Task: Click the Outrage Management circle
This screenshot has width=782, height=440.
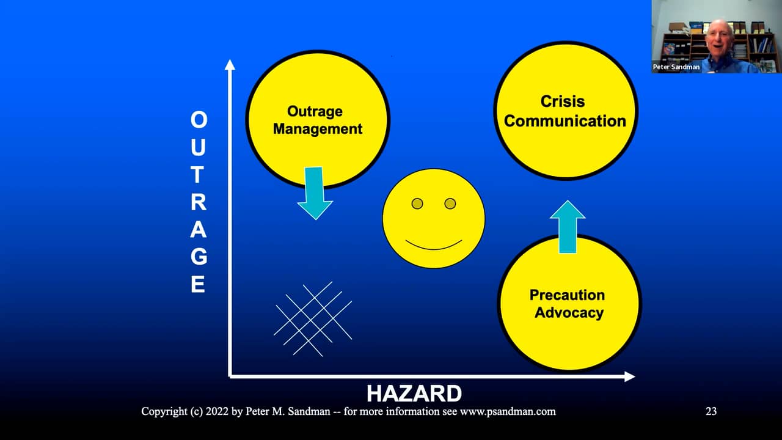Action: coord(317,119)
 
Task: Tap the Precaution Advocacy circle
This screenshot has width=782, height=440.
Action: coord(568,303)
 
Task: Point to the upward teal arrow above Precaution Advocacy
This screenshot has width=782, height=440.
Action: coord(568,227)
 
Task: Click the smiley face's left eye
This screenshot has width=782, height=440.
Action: coord(417,204)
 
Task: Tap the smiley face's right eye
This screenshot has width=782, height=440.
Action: coord(450,204)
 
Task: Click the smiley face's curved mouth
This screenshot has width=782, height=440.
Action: coord(434,246)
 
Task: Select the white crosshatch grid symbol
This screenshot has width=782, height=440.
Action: coord(313,319)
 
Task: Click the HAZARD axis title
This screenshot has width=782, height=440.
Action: coord(414,393)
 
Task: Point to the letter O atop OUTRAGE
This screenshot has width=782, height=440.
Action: coord(199,120)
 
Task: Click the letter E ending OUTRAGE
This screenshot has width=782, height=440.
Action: coord(198,285)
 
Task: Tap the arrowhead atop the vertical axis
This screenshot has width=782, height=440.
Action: coord(230,64)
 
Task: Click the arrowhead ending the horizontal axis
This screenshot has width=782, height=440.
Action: coord(629,376)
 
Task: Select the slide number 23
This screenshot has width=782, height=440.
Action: coord(711,411)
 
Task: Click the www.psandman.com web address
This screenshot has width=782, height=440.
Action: coord(508,411)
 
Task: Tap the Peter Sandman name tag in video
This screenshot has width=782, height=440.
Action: coord(677,67)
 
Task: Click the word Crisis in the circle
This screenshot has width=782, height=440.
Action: coord(563,101)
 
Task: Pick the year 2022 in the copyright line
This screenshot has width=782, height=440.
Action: coord(214,411)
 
